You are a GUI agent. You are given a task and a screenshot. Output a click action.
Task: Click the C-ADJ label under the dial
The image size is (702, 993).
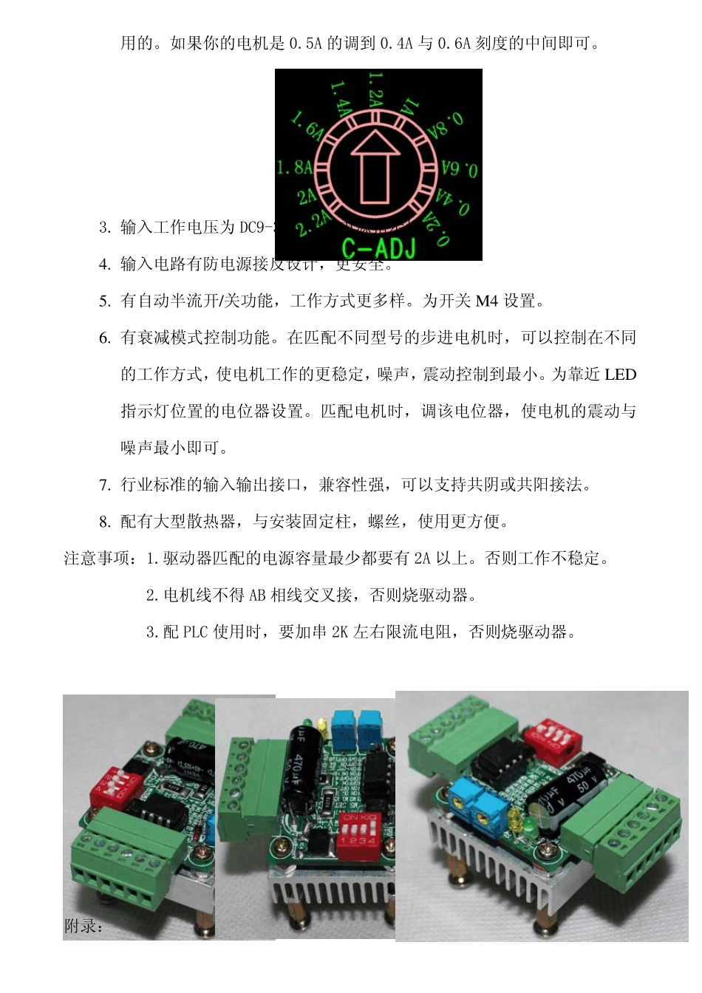point(378,248)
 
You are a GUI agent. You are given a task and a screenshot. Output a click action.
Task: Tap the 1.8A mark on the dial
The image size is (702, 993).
point(293,167)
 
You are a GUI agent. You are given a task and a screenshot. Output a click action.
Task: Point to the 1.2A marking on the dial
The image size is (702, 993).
point(375,88)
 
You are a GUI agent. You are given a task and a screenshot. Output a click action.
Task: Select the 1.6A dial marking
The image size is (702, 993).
point(307,126)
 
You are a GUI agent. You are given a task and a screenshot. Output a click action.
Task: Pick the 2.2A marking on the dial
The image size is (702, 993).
point(313,222)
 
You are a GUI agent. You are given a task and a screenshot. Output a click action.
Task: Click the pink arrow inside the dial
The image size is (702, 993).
point(375,167)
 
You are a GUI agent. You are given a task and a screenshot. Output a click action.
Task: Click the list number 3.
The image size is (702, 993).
point(105,227)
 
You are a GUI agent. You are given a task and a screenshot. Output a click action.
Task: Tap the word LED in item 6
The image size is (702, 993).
point(619,375)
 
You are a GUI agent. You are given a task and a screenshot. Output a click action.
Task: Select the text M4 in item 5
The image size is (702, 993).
point(486,301)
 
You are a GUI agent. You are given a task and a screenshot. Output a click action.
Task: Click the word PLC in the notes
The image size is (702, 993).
point(196,632)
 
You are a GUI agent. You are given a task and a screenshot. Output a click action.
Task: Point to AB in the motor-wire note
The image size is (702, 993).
point(257,595)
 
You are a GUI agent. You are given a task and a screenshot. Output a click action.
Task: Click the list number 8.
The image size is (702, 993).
point(105,522)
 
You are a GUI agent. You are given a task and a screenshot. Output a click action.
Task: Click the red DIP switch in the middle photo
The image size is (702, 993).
point(359,836)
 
